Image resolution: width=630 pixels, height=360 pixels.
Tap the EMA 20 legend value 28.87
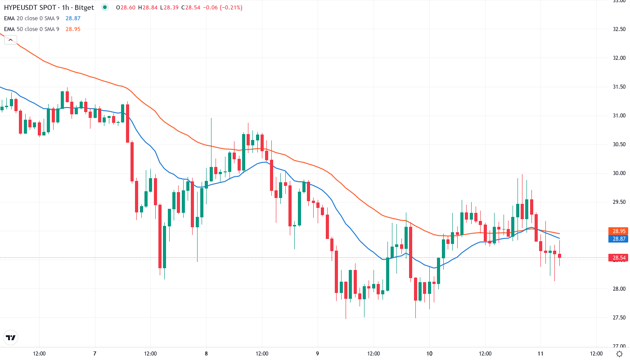pos(73,18)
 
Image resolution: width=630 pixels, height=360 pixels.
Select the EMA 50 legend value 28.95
pos(73,29)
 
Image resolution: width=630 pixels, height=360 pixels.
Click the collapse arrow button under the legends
pos(10,40)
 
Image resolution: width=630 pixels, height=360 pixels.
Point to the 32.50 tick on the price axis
pos(619,29)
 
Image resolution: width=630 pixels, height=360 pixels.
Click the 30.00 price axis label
pos(619,173)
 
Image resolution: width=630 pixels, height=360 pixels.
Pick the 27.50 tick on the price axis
pos(619,318)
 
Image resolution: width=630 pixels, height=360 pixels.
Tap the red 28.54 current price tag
pos(619,258)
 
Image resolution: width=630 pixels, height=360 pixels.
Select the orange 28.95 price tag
pos(619,231)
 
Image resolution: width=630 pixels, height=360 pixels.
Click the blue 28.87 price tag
pos(619,239)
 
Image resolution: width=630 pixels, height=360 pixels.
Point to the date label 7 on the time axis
pos(94,354)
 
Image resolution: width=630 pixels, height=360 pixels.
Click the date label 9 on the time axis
pos(318,354)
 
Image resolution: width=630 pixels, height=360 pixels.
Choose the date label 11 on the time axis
pos(541,354)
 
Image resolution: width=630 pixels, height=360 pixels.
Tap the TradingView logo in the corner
pos(11,337)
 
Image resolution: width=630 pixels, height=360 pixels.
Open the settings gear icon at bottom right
pos(619,354)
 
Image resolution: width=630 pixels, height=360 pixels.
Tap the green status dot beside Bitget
pos(105,8)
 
